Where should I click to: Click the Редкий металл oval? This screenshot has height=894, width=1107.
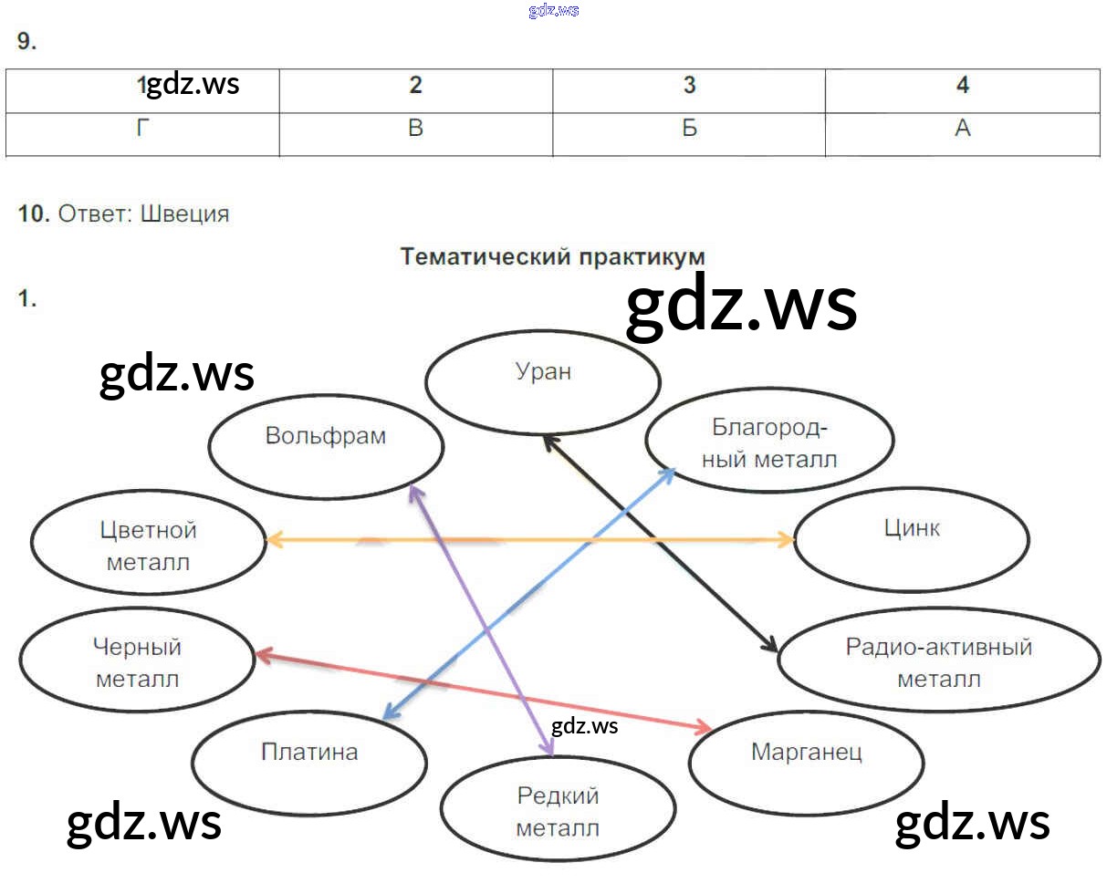point(558,810)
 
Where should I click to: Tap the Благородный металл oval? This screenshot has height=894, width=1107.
point(769,442)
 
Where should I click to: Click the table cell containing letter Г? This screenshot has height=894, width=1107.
point(142,129)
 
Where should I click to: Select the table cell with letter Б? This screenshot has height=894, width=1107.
point(689,129)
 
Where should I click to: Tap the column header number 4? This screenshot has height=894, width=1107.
point(962,85)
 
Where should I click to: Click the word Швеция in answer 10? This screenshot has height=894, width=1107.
point(185,214)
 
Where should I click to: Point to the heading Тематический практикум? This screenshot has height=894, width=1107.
point(552,256)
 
